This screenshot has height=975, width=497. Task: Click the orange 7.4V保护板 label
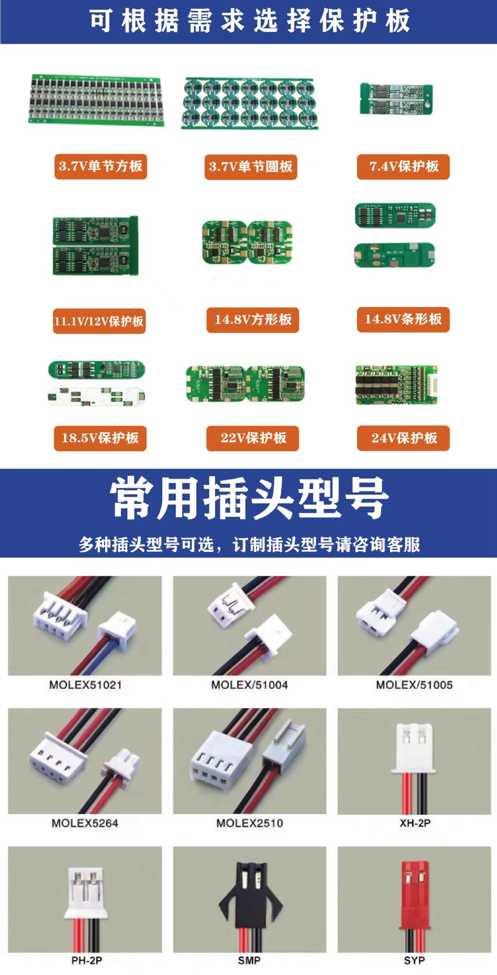point(403,167)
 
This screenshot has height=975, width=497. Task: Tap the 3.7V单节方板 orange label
point(100,167)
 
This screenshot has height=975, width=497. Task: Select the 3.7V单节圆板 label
point(251,167)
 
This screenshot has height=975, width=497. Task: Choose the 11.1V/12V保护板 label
point(99,321)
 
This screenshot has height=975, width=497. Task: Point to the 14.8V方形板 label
point(253,320)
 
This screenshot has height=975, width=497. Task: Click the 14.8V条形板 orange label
point(403,319)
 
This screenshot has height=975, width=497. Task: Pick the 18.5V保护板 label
point(100,438)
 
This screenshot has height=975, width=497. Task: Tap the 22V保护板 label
point(253,438)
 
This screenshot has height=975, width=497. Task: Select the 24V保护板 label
point(403,438)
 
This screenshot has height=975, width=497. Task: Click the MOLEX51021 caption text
point(85,685)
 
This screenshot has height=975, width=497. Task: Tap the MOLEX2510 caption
point(250,823)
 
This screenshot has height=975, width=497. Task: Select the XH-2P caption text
point(415,823)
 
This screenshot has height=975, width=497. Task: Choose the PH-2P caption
point(86,960)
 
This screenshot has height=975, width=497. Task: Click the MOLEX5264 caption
point(85,823)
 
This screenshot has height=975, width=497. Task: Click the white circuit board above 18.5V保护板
point(96,396)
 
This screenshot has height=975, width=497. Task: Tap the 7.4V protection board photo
point(396,99)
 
